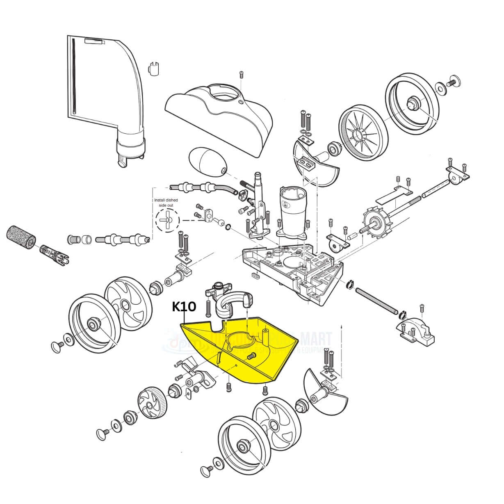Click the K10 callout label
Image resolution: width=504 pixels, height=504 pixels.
click(184, 306)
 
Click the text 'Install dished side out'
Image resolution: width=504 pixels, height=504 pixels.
click(166, 203)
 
